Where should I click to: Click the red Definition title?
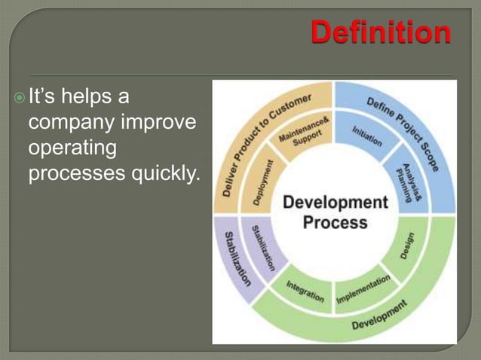(381, 32)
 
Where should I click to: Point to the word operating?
(72, 148)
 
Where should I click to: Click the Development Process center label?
(335, 212)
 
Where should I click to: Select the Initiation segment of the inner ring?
(367, 135)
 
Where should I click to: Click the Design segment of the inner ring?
(408, 246)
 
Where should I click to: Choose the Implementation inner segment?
(363, 290)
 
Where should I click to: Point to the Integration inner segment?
(305, 291)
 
